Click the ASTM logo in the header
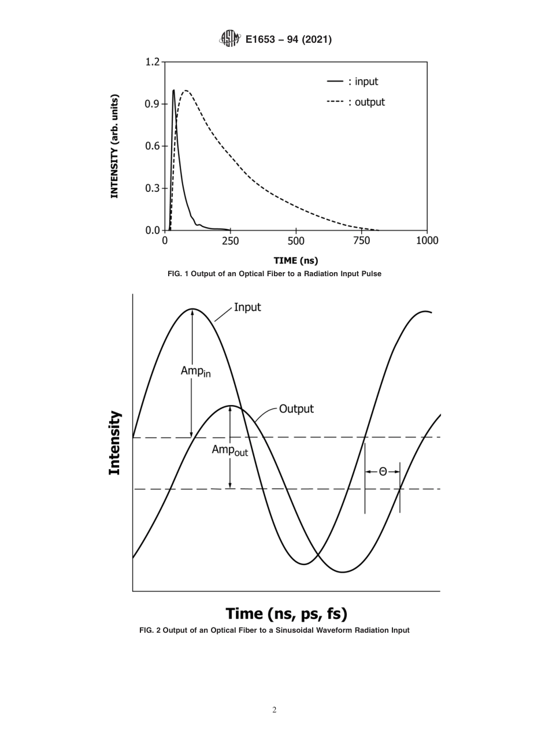(x=229, y=39)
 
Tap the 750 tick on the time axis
(x=362, y=240)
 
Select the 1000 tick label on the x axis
(x=427, y=240)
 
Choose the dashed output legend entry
(x=355, y=102)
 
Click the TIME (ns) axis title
(x=296, y=261)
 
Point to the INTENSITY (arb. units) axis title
(x=114, y=146)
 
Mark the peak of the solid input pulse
(x=173, y=90)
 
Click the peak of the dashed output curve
(x=186, y=91)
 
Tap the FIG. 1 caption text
(x=274, y=274)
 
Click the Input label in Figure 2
(x=247, y=307)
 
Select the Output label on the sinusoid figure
(x=296, y=409)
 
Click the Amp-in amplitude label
(x=195, y=372)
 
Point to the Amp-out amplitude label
(x=229, y=450)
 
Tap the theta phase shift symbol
(x=383, y=472)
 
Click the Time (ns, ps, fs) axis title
(x=286, y=613)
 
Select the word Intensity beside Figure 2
(x=115, y=443)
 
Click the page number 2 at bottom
(x=274, y=710)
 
